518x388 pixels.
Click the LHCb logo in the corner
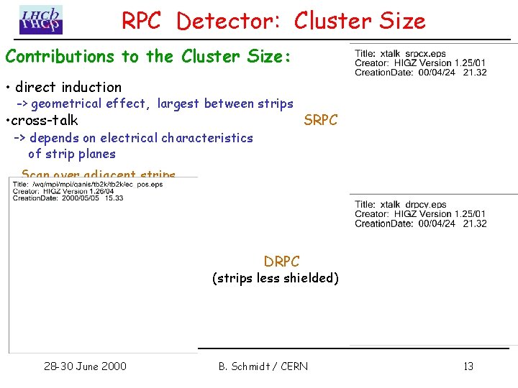[40, 20]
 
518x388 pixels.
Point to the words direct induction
[68, 88]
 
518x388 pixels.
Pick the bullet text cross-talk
[46, 121]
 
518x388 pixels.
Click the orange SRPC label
[320, 121]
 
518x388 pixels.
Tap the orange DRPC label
[281, 262]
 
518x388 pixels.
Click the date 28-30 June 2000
[85, 366]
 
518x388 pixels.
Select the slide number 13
[468, 366]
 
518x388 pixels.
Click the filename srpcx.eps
[426, 54]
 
